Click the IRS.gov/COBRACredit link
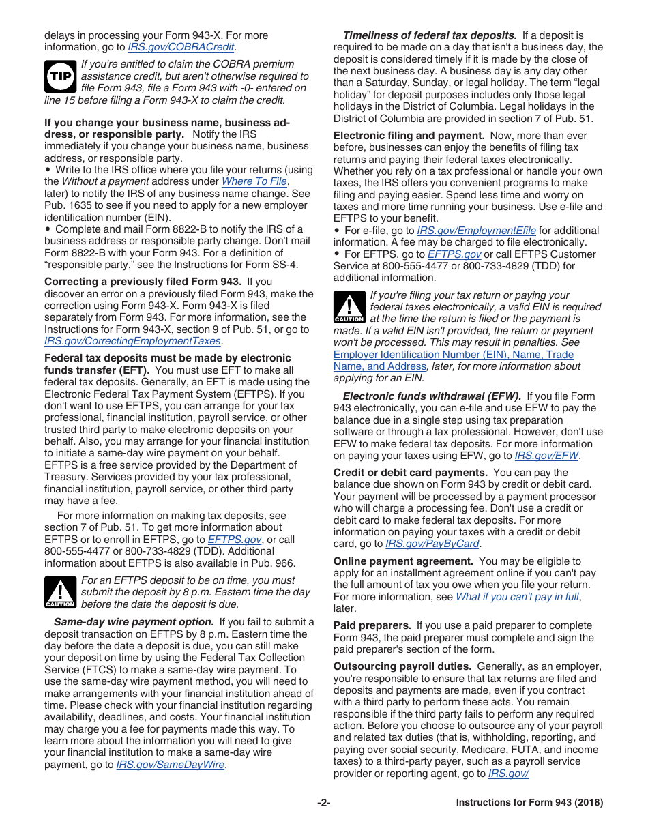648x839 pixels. coord(181,47)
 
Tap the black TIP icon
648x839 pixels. coord(60,76)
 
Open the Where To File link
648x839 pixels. coord(254,181)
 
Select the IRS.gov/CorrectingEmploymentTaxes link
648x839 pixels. coord(133,341)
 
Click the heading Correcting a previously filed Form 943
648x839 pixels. coord(143,282)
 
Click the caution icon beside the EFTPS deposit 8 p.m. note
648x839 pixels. coord(60,592)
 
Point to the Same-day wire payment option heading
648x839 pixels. coord(134,622)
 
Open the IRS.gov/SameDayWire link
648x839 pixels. coord(171,765)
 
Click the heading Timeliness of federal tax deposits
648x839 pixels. coord(429,35)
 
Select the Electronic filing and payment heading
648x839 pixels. coord(409,136)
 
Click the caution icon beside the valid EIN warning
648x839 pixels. coord(349,307)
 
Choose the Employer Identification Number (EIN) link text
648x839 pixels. coord(453,355)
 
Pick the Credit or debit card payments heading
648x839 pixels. coord(410,473)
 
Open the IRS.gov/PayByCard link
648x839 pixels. coord(432,544)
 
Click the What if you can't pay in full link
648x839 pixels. coord(517,597)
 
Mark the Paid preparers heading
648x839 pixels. coord(372,625)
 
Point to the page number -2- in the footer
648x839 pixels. coord(323,803)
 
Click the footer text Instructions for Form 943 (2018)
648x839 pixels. coord(529,803)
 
